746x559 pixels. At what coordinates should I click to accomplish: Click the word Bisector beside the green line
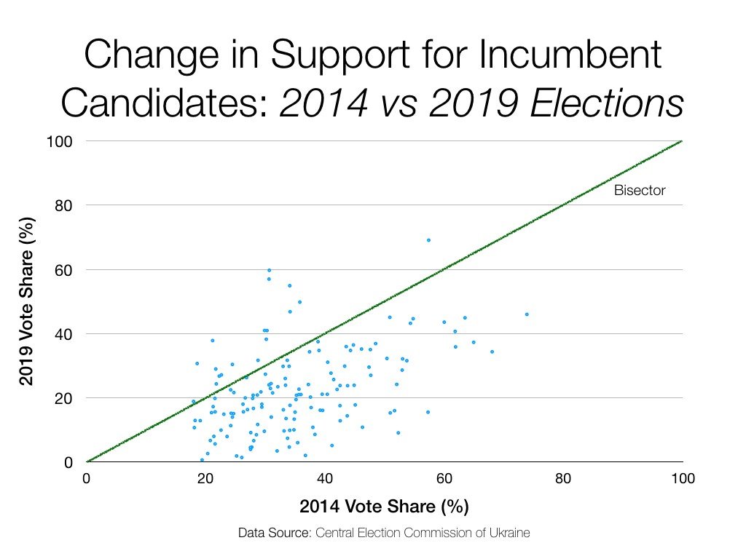tap(640, 191)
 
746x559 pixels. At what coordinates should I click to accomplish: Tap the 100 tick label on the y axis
tap(60, 140)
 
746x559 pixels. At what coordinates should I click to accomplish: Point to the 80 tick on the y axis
tap(63, 205)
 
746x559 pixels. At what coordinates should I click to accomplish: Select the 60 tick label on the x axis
tap(444, 480)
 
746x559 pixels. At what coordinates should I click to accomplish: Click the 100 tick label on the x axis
tap(682, 480)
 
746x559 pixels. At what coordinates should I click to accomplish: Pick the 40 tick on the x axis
tap(325, 480)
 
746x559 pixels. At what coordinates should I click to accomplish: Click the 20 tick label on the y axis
tap(63, 398)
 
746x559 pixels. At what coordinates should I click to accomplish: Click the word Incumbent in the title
tap(543, 58)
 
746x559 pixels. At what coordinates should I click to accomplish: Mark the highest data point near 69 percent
tap(428, 240)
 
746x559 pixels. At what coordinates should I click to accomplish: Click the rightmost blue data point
tap(527, 314)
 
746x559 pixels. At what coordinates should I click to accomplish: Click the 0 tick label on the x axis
tap(87, 480)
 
